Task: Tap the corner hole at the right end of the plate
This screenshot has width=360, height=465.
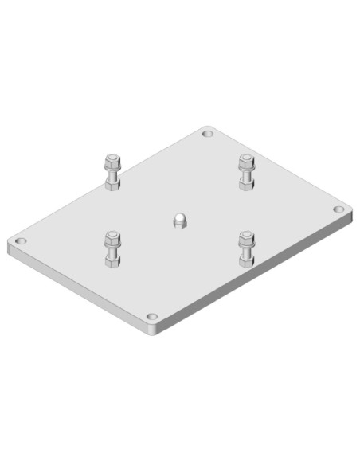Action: point(338,209)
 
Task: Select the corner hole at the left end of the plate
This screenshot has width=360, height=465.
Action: point(22,240)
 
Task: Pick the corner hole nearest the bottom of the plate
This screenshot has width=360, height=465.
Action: point(152,318)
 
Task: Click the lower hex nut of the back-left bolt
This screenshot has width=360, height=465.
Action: point(112,183)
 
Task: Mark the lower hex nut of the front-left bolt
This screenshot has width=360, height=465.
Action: point(112,260)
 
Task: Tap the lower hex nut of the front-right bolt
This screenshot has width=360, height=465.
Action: point(247,260)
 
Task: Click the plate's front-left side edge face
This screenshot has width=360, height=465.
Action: point(80,290)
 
